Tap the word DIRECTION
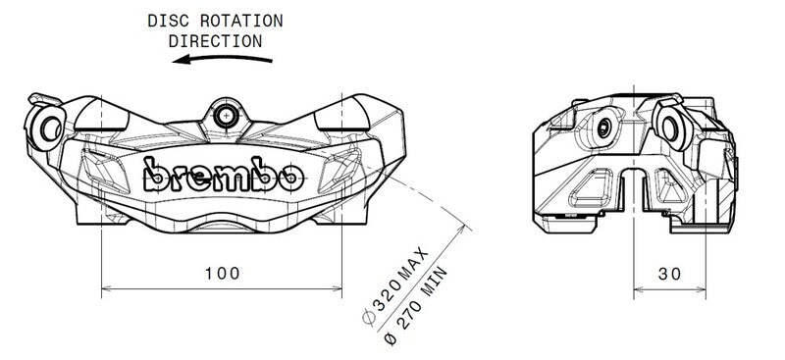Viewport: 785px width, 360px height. [x=216, y=41]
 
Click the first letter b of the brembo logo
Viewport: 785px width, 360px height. [x=156, y=175]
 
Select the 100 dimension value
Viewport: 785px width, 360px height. [x=223, y=273]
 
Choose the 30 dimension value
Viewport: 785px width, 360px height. [x=670, y=274]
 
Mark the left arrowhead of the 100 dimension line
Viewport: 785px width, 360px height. [x=107, y=289]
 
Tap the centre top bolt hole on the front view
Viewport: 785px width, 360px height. [x=228, y=115]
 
